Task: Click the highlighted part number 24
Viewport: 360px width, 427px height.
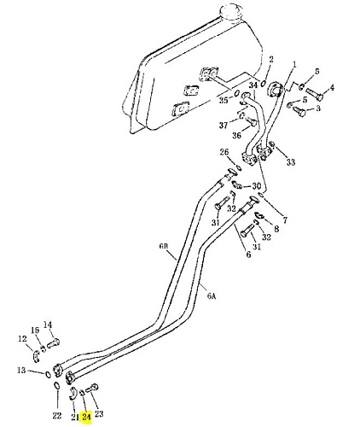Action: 86,417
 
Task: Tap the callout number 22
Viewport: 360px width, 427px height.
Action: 57,415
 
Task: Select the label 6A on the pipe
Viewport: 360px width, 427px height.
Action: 211,296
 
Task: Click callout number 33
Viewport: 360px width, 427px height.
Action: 290,162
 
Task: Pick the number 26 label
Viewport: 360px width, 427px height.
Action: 224,152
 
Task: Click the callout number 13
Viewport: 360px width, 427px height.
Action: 21,371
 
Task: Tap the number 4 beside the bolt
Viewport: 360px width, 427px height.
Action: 332,87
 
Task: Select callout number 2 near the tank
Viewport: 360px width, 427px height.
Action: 271,60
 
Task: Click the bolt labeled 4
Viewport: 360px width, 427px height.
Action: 315,95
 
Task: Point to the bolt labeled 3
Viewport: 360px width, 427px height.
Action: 299,111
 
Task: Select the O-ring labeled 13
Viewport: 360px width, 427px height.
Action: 49,373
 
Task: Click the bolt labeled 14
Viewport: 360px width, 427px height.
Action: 53,342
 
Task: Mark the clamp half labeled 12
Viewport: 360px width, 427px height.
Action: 35,356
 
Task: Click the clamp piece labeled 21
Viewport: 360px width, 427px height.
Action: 73,393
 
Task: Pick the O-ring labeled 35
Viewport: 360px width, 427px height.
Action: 236,93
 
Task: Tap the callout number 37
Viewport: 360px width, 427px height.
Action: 224,125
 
